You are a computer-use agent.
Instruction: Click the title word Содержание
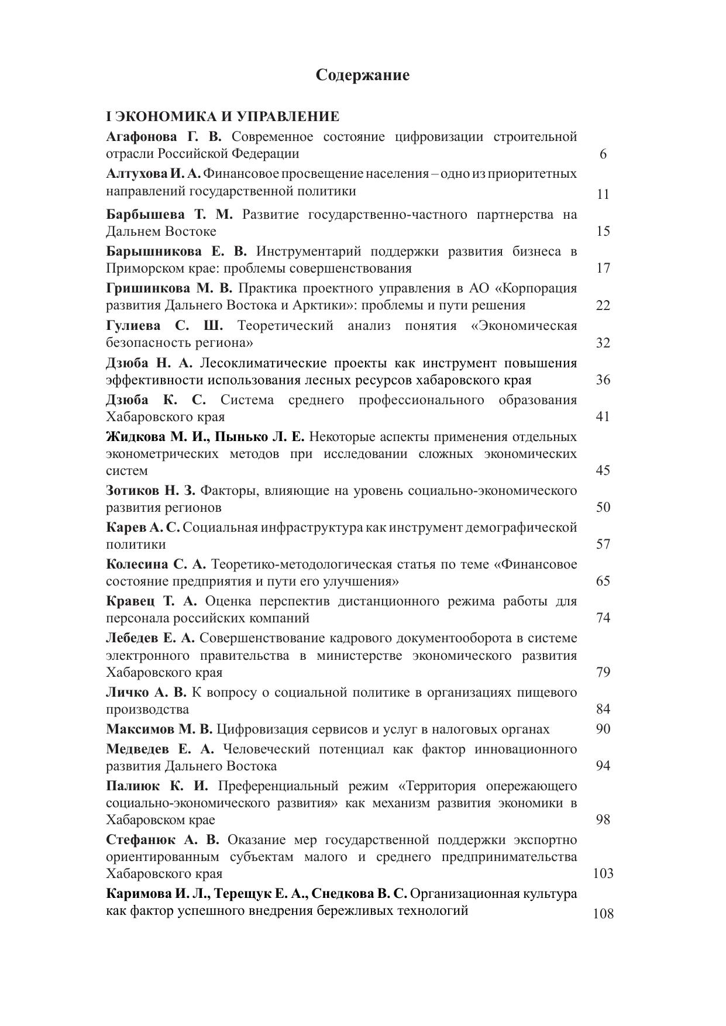point(363,75)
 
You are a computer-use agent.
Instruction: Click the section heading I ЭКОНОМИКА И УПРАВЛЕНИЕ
point(223,116)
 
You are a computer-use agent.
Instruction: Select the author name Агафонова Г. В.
point(164,137)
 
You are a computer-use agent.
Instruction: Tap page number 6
point(603,154)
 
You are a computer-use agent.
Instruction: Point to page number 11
point(603,194)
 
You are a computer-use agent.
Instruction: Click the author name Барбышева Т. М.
point(169,215)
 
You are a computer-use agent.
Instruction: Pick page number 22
point(603,305)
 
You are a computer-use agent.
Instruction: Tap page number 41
point(603,416)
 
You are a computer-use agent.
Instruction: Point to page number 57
point(603,545)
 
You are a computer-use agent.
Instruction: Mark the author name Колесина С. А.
point(156,564)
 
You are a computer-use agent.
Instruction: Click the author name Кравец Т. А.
point(152,601)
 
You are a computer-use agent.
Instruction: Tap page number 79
point(603,672)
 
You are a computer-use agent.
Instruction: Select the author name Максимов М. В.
point(159,729)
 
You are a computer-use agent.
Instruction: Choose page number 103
point(603,874)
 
